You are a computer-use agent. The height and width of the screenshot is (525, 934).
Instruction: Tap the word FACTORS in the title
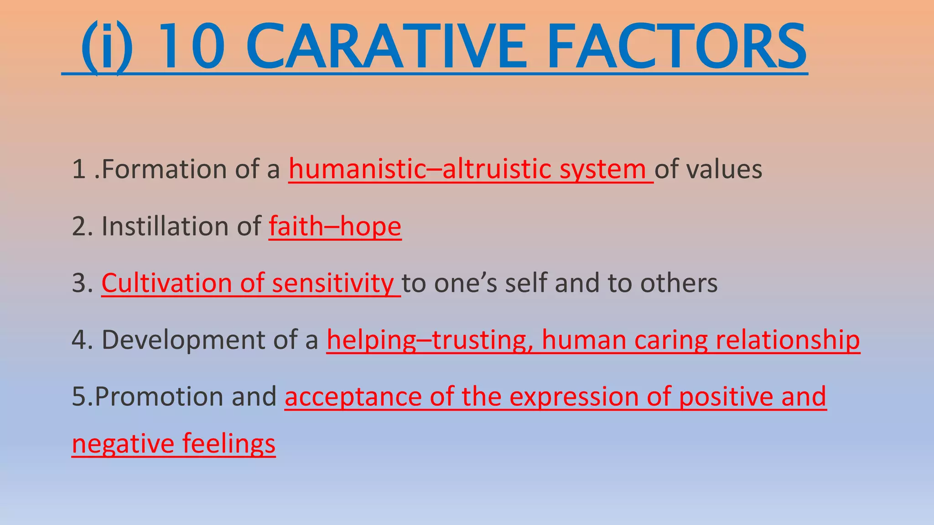pyautogui.click(x=677, y=48)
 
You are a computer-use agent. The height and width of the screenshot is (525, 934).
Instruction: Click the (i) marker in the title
pyautogui.click(x=107, y=48)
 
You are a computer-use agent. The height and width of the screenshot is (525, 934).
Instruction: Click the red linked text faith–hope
pyautogui.click(x=335, y=226)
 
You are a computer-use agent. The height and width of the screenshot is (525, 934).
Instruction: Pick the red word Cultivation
pyautogui.click(x=167, y=283)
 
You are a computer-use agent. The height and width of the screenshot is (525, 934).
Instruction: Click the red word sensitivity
pyautogui.click(x=333, y=283)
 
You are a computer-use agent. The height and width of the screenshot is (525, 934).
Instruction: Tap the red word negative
pyautogui.click(x=123, y=444)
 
